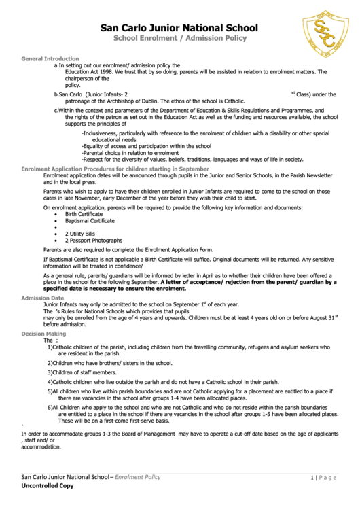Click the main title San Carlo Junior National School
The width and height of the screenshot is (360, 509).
[179, 28]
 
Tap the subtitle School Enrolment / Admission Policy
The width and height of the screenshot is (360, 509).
[179, 40]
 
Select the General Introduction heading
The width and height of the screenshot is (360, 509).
[50, 59]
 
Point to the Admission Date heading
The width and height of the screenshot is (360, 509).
[43, 298]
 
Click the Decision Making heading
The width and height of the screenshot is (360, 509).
[44, 334]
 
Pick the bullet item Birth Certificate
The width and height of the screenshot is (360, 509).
[84, 214]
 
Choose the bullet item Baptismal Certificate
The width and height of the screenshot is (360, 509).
[90, 220]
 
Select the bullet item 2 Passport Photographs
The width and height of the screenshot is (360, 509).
[94, 241]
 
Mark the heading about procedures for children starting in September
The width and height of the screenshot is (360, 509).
[115, 168]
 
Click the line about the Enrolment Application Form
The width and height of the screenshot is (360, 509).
[128, 251]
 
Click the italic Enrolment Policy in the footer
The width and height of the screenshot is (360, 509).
[137, 477]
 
